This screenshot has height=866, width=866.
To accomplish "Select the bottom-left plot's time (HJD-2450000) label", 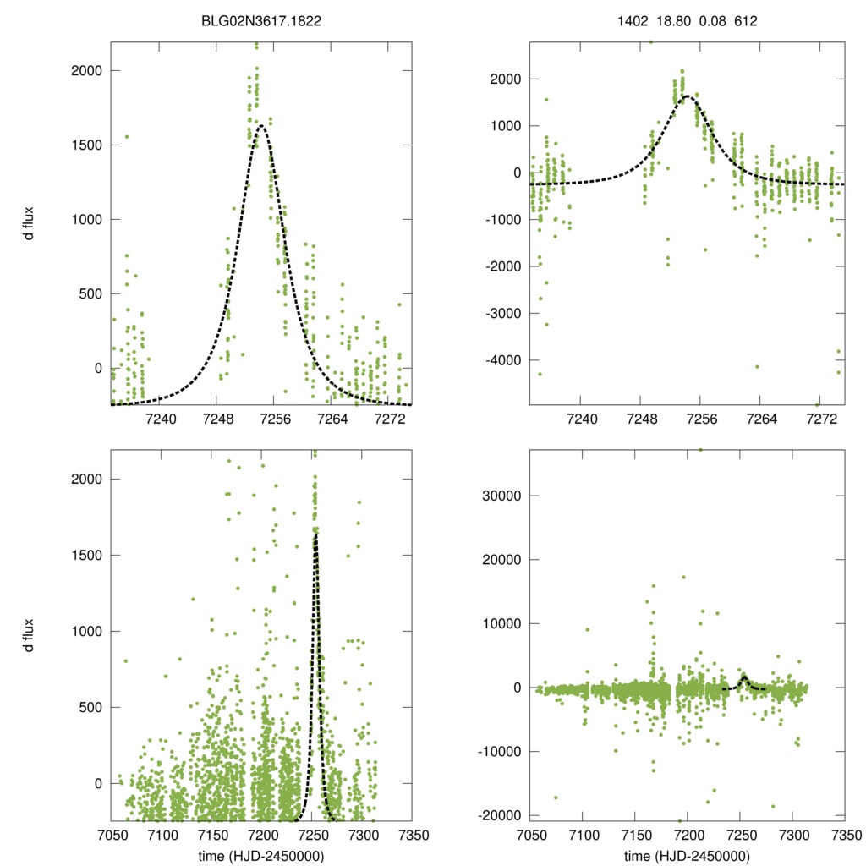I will point(260,856).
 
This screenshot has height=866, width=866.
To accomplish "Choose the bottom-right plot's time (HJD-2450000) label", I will point(687,856).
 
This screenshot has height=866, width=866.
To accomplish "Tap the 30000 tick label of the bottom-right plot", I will point(503,496).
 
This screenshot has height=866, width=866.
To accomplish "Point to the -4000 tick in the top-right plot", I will point(504,360).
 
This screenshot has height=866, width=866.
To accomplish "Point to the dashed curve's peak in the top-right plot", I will point(687,96).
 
